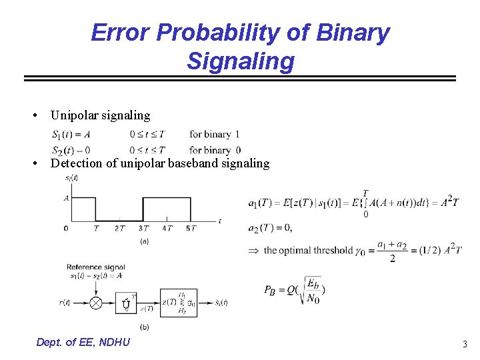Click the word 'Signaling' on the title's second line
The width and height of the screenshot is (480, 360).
(240, 61)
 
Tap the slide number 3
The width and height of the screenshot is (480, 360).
(465, 344)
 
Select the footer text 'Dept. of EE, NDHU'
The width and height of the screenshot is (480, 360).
(83, 342)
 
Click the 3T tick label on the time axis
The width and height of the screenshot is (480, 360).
(143, 229)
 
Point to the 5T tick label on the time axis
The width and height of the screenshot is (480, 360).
(191, 229)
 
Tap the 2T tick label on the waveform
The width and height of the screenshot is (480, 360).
(119, 229)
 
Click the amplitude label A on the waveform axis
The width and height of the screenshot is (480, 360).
(66, 197)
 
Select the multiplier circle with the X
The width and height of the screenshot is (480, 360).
(96, 303)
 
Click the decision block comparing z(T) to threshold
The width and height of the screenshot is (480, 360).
(178, 303)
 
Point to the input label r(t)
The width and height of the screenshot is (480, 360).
(65, 303)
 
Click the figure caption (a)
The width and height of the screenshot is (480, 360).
(144, 241)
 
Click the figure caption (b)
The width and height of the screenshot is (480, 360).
(144, 327)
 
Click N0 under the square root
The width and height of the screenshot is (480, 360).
(312, 299)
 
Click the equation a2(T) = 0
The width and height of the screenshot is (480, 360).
(269, 228)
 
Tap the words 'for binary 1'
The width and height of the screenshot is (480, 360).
(215, 134)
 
